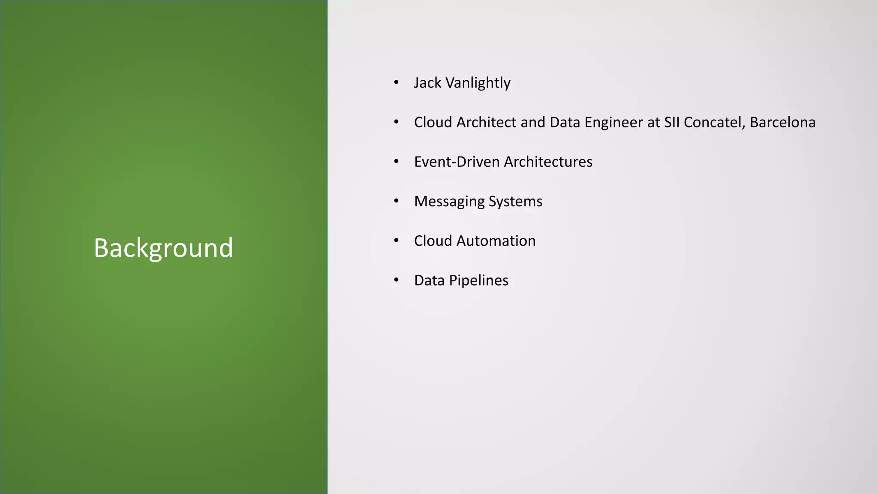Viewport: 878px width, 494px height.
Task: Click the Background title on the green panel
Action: (x=163, y=248)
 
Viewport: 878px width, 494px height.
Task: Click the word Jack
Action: (x=427, y=83)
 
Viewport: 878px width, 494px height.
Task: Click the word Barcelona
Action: (x=782, y=122)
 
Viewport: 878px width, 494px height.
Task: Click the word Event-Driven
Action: (x=457, y=162)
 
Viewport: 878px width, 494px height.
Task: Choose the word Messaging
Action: (x=449, y=202)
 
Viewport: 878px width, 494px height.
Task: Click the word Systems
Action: (x=515, y=202)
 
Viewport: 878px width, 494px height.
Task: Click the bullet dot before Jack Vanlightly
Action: (x=396, y=82)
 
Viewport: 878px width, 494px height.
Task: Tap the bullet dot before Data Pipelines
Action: (x=396, y=280)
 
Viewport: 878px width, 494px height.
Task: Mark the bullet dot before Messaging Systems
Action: (x=396, y=201)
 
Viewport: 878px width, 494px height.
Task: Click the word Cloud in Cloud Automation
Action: (x=433, y=241)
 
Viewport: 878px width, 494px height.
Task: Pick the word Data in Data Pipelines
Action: (x=429, y=280)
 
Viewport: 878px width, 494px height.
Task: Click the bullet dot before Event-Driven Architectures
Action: (x=396, y=162)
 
